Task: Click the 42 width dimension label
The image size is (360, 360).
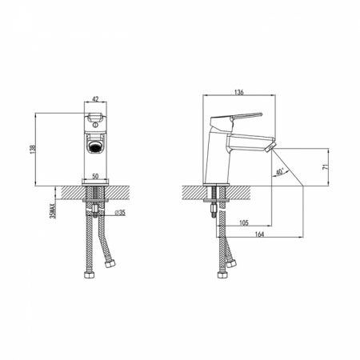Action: click(x=95, y=99)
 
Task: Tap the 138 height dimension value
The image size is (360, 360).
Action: click(x=33, y=150)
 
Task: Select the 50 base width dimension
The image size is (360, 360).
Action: click(x=95, y=176)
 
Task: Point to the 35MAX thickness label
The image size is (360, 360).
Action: click(x=53, y=211)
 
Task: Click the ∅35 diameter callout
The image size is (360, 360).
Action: click(x=120, y=213)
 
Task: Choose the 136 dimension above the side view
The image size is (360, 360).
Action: click(x=239, y=92)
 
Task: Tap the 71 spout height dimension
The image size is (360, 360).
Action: click(x=325, y=167)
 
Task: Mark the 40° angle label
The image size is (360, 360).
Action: click(x=279, y=171)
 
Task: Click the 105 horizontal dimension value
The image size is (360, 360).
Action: click(x=243, y=222)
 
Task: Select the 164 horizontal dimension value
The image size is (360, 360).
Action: click(x=259, y=234)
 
